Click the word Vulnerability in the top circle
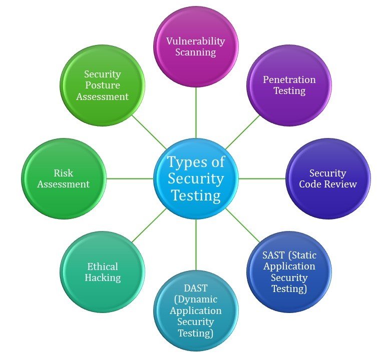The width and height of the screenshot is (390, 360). [196, 41]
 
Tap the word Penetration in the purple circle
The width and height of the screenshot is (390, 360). [289, 79]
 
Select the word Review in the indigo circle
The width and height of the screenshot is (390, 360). [341, 184]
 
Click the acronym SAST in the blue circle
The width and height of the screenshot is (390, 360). [273, 255]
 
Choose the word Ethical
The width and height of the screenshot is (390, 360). [103, 266]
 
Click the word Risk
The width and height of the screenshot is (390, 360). [64, 173]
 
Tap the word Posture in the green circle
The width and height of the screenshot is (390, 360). [103, 85]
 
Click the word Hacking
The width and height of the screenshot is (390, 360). [103, 277]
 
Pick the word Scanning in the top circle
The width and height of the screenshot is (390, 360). [196, 52]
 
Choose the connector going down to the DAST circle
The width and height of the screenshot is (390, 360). [196, 245]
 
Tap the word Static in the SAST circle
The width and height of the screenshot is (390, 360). [305, 255]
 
